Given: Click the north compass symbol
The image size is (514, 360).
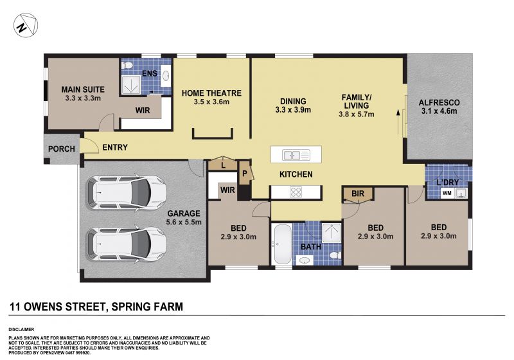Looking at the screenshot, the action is click(26, 25).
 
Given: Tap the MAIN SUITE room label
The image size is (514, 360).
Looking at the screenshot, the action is click(83, 89).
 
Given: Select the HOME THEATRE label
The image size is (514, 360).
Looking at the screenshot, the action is click(211, 93).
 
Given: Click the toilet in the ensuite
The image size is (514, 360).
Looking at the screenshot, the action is click(127, 65).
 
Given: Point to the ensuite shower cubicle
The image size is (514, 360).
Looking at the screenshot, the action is click(131, 84).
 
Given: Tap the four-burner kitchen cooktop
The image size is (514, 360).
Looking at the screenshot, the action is click(296, 192).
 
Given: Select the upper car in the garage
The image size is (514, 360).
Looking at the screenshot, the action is click(126, 193).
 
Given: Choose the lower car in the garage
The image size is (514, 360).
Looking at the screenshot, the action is click(126, 244).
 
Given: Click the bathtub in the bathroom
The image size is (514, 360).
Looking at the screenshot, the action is click(282, 244).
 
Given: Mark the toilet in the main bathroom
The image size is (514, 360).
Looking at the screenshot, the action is click(335, 255).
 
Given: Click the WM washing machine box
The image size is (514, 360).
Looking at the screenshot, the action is click(447, 193).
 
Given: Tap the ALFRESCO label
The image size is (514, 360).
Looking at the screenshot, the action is click(439, 103).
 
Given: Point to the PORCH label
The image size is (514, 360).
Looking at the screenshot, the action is click(61, 149).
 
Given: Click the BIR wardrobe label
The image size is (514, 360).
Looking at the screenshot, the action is click(358, 194).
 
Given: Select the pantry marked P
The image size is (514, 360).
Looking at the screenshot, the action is click(245, 174).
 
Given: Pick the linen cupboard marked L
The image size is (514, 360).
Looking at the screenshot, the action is click(223, 165).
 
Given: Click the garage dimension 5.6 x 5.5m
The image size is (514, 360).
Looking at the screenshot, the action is click(184, 222).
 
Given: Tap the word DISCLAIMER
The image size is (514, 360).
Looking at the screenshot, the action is click(21, 330).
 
